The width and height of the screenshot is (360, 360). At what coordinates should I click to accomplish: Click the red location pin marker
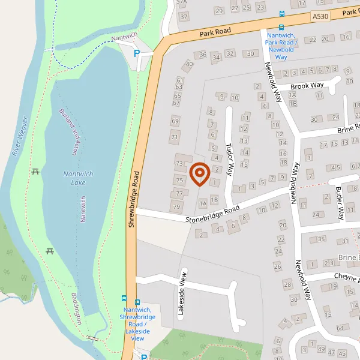coord(199,174)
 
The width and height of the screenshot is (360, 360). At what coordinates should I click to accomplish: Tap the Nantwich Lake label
coord(79,178)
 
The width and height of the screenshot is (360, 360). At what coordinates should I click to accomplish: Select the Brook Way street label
coord(307,86)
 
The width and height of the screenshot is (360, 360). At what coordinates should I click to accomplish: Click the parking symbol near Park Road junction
coord(137,53)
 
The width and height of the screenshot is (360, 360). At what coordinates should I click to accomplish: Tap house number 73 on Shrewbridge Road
coord(179,163)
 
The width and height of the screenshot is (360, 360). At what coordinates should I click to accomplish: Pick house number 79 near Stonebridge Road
coord(176,207)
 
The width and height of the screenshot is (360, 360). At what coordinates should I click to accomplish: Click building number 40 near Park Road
coord(190,64)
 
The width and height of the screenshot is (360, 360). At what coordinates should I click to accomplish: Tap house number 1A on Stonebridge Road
coord(203,204)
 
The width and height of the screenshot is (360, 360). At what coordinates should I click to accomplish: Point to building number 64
coord(340,328)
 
